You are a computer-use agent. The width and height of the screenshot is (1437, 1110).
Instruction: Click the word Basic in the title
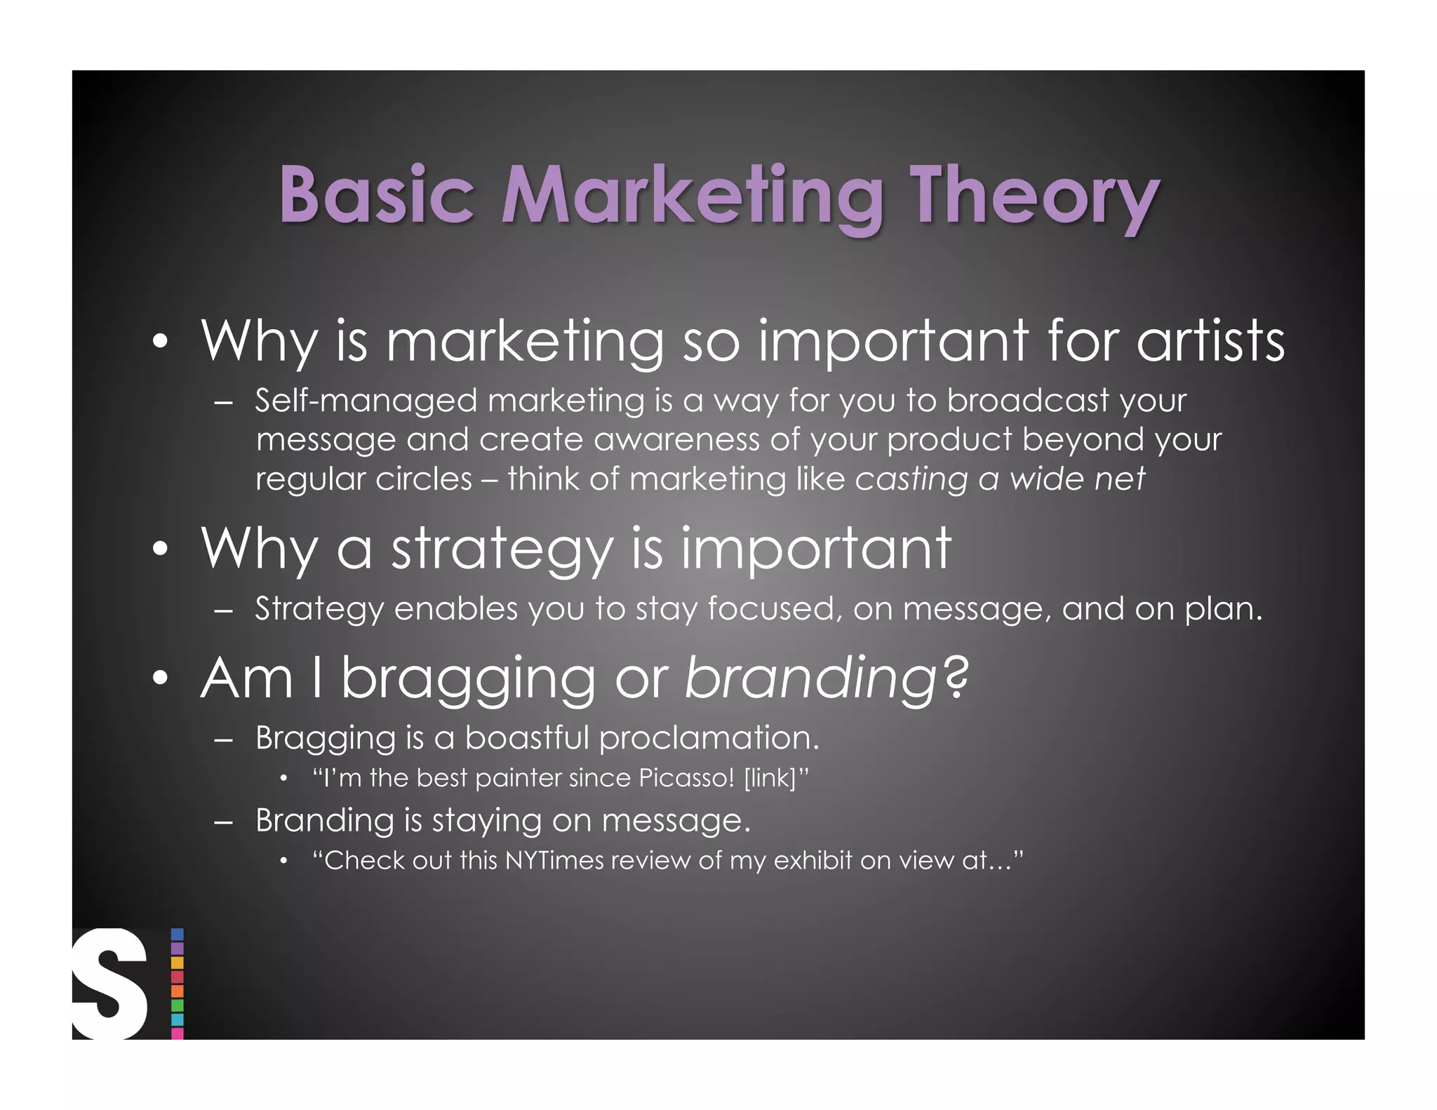point(376,194)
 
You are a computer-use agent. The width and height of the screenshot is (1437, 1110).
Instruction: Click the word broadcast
point(1027,400)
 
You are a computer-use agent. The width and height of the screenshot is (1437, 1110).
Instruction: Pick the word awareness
point(676,440)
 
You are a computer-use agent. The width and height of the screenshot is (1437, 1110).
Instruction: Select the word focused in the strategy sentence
point(775,608)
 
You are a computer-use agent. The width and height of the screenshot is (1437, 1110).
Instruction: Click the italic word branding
point(811,679)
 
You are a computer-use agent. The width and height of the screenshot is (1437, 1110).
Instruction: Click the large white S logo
point(109,984)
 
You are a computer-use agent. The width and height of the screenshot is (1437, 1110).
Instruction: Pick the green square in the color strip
point(178,1005)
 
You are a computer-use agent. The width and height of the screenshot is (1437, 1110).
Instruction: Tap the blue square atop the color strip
point(178,935)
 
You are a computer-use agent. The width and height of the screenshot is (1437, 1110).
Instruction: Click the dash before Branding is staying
point(224,822)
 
